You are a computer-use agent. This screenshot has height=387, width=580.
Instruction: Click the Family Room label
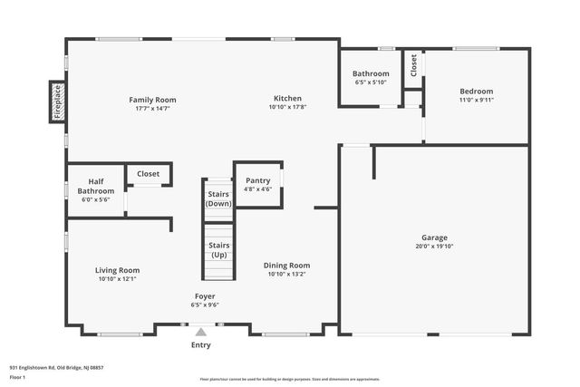pos(152,100)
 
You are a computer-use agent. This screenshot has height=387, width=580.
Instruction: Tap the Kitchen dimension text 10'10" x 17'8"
pos(288,108)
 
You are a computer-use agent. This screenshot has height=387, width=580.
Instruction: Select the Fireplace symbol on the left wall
pos(57,101)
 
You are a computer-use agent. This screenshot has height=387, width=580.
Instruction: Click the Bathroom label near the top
pos(371,73)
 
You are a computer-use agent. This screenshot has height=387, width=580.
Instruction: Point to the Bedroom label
pos(476,91)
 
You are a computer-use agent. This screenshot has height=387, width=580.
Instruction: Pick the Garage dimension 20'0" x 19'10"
pos(434,246)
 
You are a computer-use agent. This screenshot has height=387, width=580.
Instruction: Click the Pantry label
pos(258,180)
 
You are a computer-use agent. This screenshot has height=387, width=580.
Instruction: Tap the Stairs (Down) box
pos(218,198)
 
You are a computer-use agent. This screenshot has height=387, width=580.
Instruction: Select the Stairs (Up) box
pos(218,249)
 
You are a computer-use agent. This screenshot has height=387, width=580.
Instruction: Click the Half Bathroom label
pos(96,186)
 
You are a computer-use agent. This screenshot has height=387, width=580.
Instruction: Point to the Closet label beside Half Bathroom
pos(148,173)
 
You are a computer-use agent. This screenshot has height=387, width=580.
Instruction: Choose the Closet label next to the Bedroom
pos(413,64)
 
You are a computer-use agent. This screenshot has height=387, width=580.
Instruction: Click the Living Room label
pos(118,269)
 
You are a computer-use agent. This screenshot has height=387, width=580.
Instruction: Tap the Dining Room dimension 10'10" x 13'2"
pos(287,274)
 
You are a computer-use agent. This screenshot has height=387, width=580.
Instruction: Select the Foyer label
pos(205,296)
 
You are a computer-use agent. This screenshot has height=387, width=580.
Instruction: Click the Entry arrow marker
pos(201,333)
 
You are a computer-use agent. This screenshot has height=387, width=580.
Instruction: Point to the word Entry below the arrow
pos(201,344)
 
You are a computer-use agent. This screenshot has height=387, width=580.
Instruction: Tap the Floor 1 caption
pos(18,376)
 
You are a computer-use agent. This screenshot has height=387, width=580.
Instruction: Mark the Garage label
pos(434,237)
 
